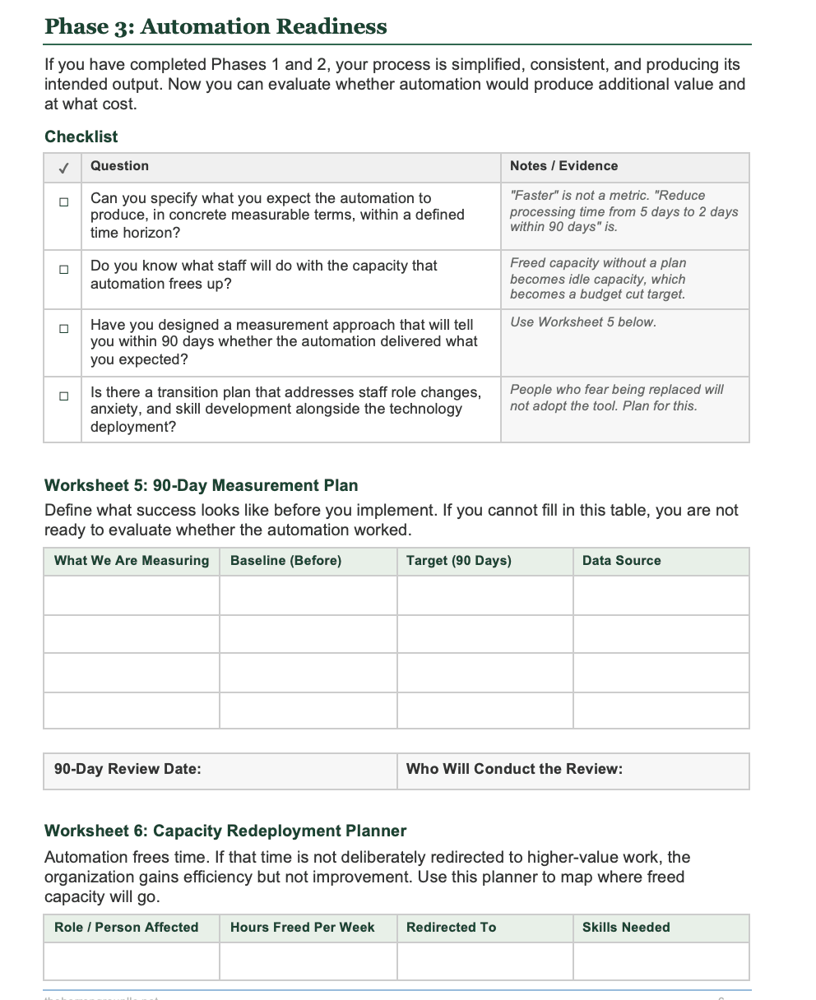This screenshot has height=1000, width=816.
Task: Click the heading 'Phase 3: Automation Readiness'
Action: (216, 26)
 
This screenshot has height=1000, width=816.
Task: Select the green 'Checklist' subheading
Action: (81, 137)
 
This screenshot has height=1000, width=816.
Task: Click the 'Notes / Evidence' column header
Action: (563, 166)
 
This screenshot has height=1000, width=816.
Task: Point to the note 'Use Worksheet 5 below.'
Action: (582, 322)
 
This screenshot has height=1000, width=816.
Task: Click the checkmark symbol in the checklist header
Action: (63, 167)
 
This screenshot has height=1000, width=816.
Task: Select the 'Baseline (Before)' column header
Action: (285, 561)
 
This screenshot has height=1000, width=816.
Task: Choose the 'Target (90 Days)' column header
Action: (458, 561)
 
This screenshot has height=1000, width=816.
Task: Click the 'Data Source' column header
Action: (621, 561)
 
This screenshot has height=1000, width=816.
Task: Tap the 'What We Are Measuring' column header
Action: (132, 561)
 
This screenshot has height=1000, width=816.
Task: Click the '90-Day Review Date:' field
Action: (220, 770)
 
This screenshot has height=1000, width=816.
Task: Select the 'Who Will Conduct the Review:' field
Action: (573, 770)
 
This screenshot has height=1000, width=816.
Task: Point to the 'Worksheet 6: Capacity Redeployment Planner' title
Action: (225, 831)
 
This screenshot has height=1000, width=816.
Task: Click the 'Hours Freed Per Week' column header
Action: (302, 928)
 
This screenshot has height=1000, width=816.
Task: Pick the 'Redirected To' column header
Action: (451, 928)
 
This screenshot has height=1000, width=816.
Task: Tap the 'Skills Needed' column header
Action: (626, 928)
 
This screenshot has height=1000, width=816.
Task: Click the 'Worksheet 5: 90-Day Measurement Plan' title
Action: (201, 485)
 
